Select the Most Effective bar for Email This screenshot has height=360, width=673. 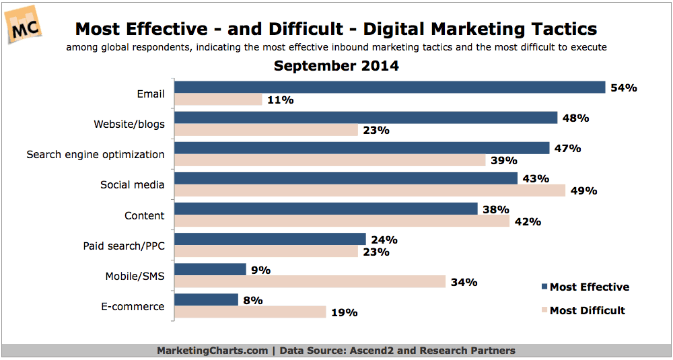390,87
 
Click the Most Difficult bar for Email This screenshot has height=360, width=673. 218,100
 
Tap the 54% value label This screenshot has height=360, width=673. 623,87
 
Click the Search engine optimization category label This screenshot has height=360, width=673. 95,154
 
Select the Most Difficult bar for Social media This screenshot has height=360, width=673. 370,190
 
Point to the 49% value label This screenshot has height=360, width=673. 583,190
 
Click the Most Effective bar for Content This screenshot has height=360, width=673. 326,209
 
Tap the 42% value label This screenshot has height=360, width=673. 527,221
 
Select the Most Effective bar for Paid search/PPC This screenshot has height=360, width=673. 270,240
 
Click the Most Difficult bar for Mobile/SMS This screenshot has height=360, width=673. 310,282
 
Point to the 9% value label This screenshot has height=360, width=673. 260,270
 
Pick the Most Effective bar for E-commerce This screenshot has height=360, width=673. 206,300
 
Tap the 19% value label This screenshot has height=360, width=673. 345,313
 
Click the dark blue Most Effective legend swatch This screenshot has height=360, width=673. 544,287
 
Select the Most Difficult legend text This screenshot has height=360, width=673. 587,310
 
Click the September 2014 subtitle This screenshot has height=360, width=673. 336,66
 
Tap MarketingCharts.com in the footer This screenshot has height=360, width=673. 212,351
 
